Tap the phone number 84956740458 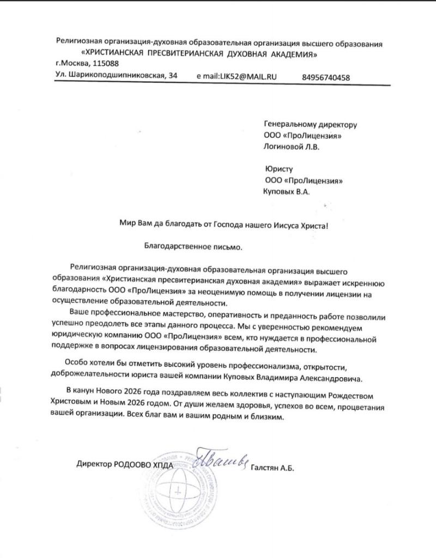coord(325,77)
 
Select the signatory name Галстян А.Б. coord(272,467)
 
